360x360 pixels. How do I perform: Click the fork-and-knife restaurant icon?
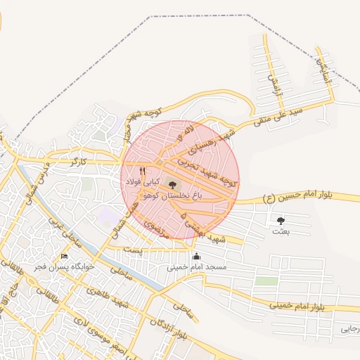[x=143, y=171]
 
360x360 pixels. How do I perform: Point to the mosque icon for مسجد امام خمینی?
[x=196, y=256]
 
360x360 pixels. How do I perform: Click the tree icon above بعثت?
[x=281, y=221]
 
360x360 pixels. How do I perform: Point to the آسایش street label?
[x=323, y=70]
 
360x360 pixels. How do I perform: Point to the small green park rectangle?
[x=266, y=281]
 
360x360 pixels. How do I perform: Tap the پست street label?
[x=132, y=250]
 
